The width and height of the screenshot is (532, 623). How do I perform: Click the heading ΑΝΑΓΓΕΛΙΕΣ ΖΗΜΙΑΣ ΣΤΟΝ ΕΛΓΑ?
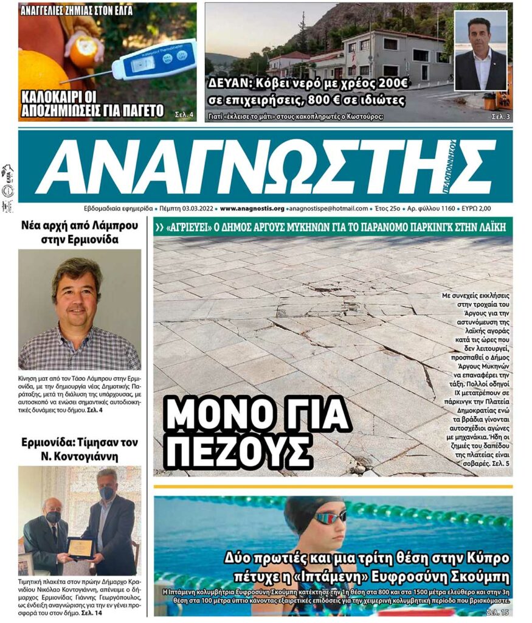[77, 10]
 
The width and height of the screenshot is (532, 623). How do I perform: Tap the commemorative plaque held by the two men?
[81, 547]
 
